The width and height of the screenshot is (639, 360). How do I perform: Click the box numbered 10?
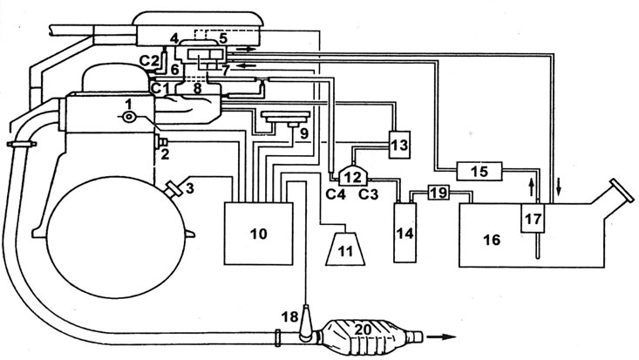258,234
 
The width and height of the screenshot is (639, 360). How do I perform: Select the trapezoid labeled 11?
345,248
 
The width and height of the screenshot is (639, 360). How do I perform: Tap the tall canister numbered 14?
405,233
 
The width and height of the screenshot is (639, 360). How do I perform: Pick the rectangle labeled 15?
479,171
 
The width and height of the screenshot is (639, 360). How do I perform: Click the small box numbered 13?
399,145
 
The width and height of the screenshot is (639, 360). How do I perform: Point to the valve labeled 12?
353,176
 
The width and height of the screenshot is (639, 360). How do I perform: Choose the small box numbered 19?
438,192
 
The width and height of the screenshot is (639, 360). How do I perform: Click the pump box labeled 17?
533,219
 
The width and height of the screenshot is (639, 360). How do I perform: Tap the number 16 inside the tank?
492,240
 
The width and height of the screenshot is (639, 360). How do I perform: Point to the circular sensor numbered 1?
129,118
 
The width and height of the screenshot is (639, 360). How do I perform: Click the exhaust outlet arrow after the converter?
441,336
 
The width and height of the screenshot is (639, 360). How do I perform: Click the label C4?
336,194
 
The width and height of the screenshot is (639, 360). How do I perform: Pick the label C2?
148,60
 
